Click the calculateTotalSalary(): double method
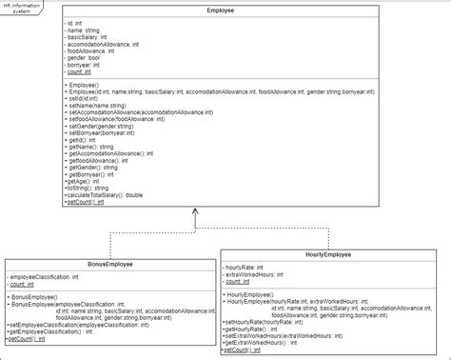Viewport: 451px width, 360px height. [107, 194]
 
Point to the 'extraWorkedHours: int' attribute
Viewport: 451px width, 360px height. [262, 275]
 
